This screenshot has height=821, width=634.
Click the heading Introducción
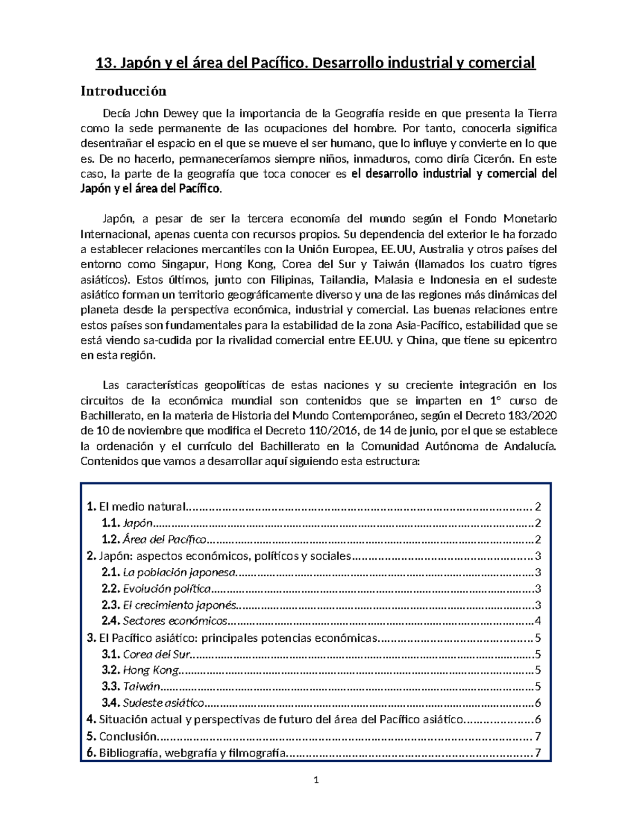coord(123,91)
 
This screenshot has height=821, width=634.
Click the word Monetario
coord(530,219)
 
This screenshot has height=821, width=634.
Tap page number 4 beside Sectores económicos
coord(538,621)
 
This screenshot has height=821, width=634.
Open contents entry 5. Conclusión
coord(127,736)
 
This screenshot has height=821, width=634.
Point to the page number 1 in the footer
coord(316,780)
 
